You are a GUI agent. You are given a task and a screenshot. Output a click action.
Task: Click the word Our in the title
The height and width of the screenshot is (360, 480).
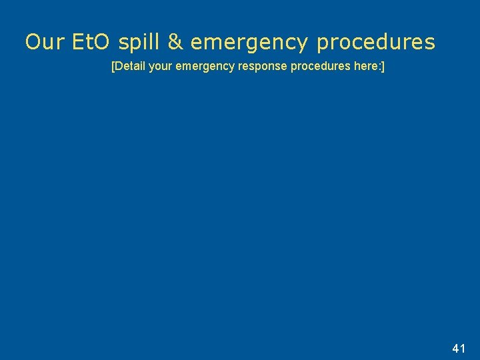tap(44, 43)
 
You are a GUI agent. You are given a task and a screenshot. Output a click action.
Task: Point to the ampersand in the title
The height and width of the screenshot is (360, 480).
tap(175, 43)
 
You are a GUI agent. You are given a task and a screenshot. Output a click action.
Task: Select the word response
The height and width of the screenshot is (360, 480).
tap(265, 68)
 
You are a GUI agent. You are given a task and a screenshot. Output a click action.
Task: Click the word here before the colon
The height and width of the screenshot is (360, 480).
tap(364, 67)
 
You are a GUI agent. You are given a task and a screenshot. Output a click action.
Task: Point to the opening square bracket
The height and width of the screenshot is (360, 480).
tap(113, 67)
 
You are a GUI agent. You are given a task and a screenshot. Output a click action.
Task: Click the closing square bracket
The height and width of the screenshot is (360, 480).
tap(383, 67)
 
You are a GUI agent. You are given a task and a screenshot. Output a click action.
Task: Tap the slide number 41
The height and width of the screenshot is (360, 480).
tap(458, 348)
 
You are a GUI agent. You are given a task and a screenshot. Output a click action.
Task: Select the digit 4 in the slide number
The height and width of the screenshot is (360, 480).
tap(455, 348)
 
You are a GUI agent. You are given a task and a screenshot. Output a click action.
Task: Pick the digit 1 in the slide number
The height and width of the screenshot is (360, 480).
tap(463, 348)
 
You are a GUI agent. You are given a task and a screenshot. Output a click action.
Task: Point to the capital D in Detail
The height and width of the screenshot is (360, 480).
tap(119, 67)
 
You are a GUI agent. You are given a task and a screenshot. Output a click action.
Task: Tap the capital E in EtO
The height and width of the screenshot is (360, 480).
tap(79, 43)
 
